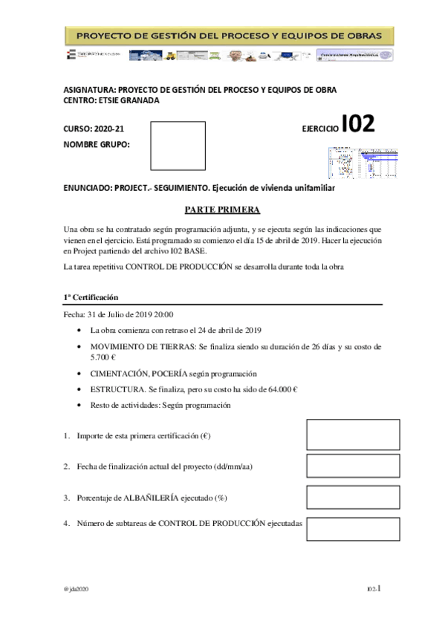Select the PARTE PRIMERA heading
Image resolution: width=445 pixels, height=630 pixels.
click(x=222, y=210)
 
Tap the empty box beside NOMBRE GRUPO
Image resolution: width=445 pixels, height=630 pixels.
click(x=178, y=146)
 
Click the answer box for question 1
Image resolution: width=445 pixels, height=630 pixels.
click(x=342, y=435)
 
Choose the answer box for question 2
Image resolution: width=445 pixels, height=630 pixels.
click(x=342, y=467)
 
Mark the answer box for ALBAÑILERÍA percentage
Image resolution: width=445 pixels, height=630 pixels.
click(x=342, y=497)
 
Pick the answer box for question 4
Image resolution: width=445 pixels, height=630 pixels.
click(x=342, y=528)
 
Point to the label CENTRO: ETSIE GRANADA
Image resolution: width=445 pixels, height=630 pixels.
click(x=111, y=100)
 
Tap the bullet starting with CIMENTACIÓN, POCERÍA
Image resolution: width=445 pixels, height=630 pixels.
click(x=167, y=374)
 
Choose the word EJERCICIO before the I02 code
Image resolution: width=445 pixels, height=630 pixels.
click(x=319, y=129)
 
